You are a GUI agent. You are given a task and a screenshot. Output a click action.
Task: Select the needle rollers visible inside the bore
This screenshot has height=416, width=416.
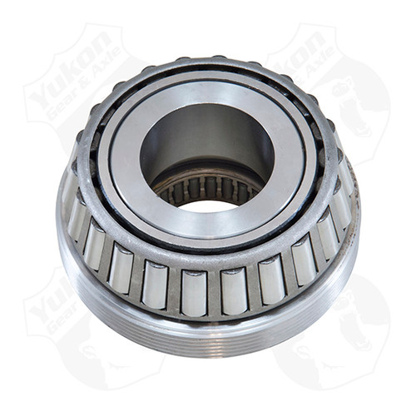click(x=203, y=190)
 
